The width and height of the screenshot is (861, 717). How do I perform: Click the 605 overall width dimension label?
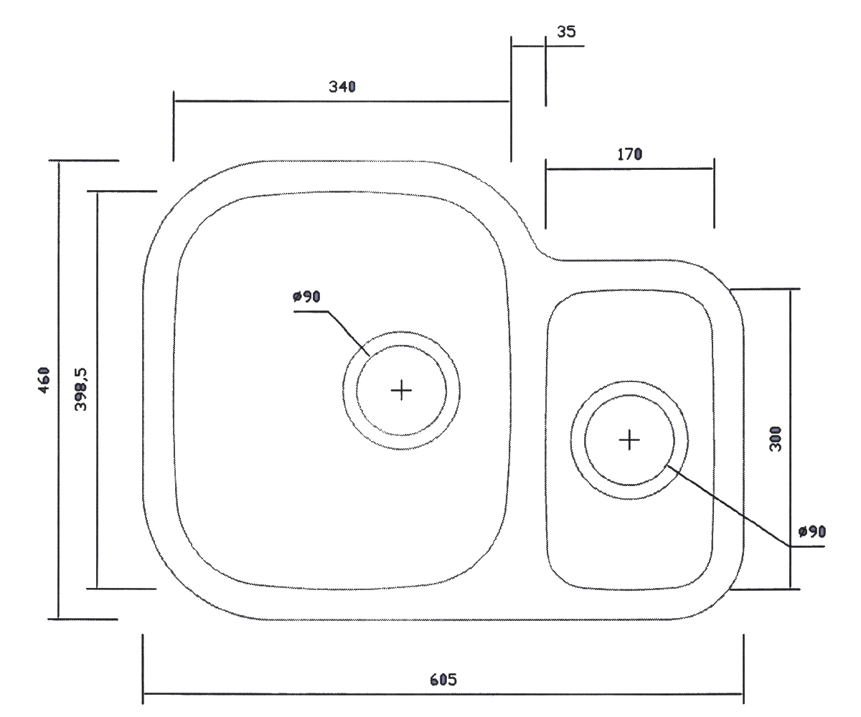coord(443,680)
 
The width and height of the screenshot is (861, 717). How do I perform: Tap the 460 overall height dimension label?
coord(44,380)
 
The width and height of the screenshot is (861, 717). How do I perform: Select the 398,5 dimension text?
coord(81,389)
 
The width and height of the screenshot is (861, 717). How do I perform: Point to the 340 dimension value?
coord(342,87)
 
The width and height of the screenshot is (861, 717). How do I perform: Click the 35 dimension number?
coord(566,32)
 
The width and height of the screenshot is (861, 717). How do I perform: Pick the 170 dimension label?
coord(630,154)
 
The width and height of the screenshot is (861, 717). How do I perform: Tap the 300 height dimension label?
coord(776,439)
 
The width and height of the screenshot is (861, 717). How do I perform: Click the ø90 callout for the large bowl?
coord(306,296)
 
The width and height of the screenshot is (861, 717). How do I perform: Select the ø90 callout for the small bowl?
coord(812,531)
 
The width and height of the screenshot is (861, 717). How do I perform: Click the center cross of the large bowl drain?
coord(401,390)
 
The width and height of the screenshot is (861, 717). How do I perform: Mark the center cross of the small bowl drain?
coord(629,440)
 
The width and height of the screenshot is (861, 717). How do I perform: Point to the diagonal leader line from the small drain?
coord(728,506)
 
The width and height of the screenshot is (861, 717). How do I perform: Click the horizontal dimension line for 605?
coord(443,694)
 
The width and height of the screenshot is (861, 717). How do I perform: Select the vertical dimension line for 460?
coord(59,390)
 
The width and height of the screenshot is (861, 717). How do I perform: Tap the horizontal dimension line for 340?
coord(342,101)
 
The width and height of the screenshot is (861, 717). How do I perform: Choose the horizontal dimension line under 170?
coord(630,168)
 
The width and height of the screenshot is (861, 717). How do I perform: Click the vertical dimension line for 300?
coord(791,439)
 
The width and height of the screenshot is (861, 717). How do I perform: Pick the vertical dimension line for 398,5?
coord(98,390)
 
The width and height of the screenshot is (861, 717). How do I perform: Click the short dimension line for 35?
coord(528,46)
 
